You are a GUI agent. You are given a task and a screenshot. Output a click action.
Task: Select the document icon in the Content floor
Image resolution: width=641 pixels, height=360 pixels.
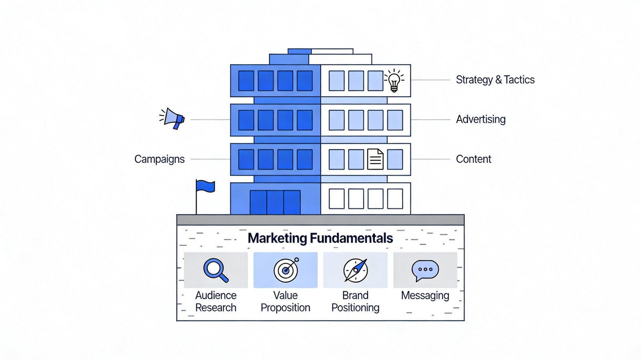(375, 159)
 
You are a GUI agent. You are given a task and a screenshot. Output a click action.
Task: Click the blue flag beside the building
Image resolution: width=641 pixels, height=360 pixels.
(205, 187)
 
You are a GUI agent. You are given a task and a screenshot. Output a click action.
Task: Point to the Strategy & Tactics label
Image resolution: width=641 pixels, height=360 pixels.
(495, 80)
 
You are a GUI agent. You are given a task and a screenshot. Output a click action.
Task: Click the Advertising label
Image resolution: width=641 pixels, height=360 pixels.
(481, 119)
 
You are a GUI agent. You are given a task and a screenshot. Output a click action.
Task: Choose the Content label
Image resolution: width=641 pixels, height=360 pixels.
(474, 159)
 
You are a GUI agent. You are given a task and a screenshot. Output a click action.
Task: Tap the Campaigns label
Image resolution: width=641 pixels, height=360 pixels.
(159, 159)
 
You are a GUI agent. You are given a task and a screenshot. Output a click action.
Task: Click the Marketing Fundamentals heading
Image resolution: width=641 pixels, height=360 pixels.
(320, 238)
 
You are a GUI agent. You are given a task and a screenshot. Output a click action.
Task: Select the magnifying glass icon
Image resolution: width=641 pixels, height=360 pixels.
(216, 270)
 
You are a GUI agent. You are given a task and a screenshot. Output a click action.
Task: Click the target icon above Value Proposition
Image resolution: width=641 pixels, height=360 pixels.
(286, 270)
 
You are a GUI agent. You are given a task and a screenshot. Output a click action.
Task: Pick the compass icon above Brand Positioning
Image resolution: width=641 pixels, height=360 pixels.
(355, 270)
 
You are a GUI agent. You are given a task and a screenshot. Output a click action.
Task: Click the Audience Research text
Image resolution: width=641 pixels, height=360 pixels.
(216, 301)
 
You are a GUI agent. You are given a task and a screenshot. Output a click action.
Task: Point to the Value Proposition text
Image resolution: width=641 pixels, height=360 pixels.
(285, 301)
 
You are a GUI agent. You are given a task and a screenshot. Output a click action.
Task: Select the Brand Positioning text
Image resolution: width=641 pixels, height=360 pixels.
(355, 301)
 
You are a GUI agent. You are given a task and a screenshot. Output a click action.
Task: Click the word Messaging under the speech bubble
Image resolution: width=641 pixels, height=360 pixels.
(425, 296)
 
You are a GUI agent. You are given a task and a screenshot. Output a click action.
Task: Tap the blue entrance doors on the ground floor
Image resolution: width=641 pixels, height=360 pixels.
(275, 202)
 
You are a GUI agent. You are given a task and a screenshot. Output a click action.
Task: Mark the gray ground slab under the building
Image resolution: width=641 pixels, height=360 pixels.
(320, 220)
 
